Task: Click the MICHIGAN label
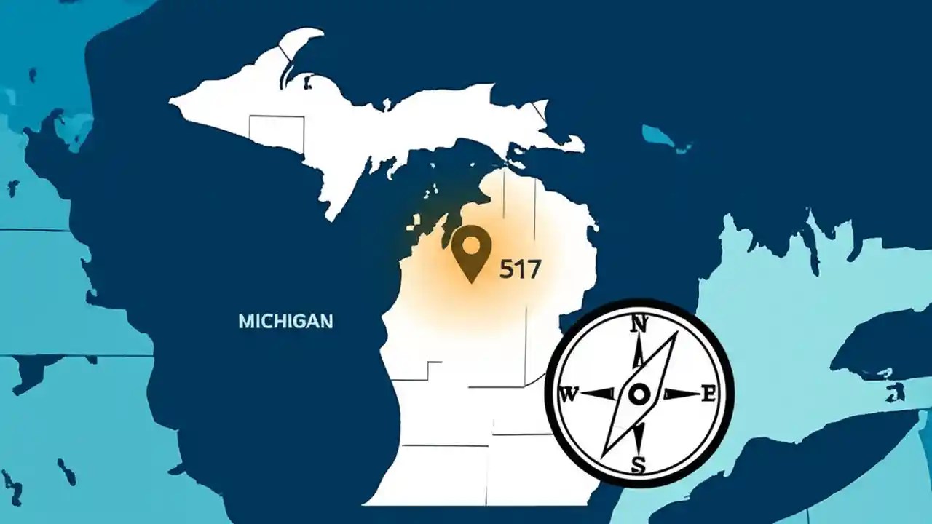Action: pyautogui.click(x=285, y=320)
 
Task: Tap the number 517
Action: pyautogui.click(x=520, y=270)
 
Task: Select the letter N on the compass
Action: pyautogui.click(x=639, y=324)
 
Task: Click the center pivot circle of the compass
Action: pyautogui.click(x=639, y=394)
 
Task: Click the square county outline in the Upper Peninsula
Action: pyautogui.click(x=276, y=130)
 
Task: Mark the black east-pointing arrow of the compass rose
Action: pyautogui.click(x=680, y=394)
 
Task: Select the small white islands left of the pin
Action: pyautogui.click(x=417, y=223)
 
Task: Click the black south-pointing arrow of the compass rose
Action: pyautogui.click(x=639, y=435)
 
